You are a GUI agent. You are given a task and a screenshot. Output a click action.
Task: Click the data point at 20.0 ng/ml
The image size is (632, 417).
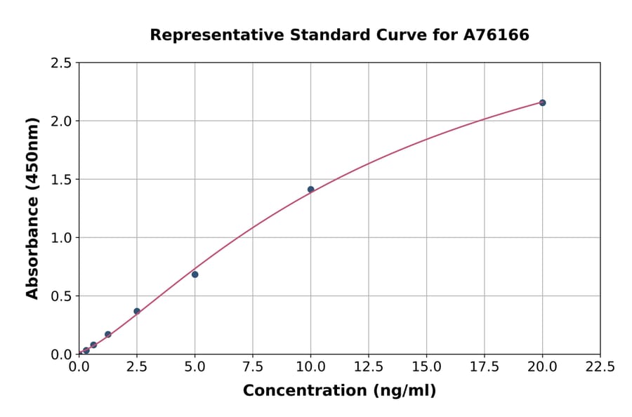click(542, 102)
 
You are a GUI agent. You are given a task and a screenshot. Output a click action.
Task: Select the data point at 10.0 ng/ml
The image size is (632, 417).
click(310, 190)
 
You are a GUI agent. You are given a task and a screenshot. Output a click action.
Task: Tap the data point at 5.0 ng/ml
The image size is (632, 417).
click(195, 274)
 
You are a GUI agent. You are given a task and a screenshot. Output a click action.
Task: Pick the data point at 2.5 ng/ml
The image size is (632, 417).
click(137, 311)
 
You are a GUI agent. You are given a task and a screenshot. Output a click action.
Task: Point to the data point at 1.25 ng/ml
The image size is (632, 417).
click(108, 334)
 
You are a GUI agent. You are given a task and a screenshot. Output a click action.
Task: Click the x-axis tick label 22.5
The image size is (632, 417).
click(600, 367)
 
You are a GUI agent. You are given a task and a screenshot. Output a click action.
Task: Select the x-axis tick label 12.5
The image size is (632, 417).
click(368, 367)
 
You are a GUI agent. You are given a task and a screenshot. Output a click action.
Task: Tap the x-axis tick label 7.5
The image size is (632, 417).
click(253, 367)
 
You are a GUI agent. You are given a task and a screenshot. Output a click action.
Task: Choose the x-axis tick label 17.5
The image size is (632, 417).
click(484, 367)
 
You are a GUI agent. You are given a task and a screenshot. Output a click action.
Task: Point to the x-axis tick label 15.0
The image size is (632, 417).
click(426, 367)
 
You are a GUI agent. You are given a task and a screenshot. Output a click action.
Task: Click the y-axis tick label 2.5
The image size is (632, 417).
click(62, 63)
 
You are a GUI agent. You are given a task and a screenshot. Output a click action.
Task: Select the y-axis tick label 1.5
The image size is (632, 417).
click(62, 180)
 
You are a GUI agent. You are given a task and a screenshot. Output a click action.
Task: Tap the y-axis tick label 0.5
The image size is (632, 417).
click(62, 296)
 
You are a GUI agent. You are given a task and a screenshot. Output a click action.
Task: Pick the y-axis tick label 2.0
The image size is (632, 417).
click(62, 121)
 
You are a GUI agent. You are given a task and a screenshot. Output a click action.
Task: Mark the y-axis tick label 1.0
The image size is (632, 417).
click(62, 238)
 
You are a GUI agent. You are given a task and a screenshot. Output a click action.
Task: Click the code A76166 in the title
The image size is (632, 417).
click(497, 35)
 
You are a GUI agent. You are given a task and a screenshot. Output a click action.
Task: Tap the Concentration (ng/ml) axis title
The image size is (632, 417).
click(339, 391)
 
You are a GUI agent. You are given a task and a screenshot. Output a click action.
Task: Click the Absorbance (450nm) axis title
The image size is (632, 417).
click(32, 208)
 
